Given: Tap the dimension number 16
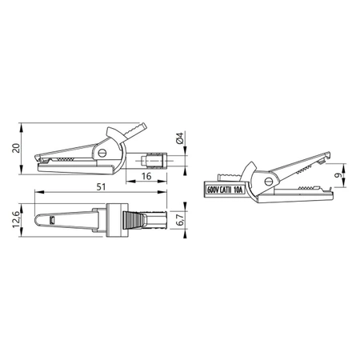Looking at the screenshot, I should (147, 176).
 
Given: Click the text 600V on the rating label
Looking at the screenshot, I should (214, 190).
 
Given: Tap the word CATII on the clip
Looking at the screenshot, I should (228, 190).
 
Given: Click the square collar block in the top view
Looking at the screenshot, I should (115, 218).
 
